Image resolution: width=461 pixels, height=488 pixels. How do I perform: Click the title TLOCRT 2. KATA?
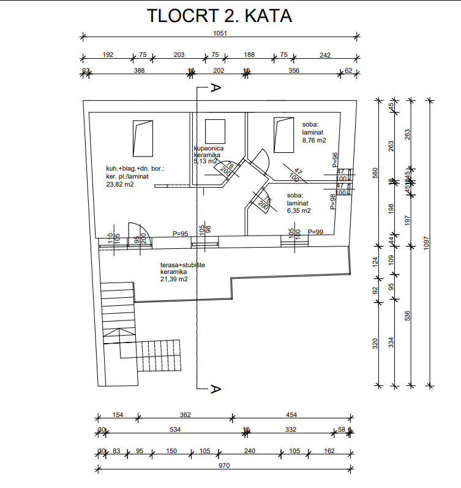point(220,17)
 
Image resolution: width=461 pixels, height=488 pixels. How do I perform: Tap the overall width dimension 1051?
point(220,34)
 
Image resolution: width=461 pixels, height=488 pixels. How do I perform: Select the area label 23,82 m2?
point(120,183)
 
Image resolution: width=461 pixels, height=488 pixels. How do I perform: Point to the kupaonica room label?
point(209,149)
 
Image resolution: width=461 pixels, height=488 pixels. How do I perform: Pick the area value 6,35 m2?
point(299,210)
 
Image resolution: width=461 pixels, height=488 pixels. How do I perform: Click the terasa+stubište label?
point(182,264)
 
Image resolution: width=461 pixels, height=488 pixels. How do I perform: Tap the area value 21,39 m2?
point(173,279)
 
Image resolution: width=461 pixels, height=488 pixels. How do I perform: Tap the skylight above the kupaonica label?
point(216,131)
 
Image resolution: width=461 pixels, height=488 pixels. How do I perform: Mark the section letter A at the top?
point(215,88)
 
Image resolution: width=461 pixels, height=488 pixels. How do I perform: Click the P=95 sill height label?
point(180,233)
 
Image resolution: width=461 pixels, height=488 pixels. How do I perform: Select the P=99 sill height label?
point(315,232)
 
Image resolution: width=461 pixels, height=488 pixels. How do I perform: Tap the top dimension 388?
point(139,71)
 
